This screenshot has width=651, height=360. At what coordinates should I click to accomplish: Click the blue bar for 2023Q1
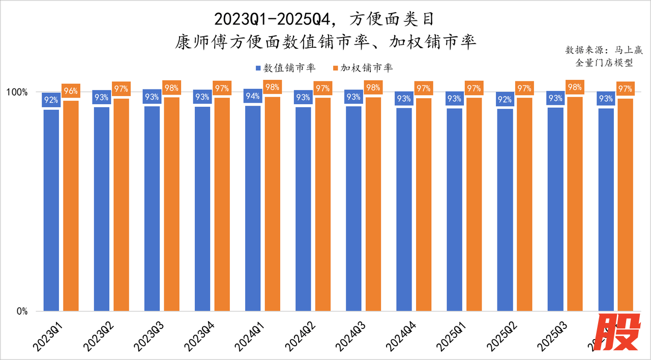click(51, 209)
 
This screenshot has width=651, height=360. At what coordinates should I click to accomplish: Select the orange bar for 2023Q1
click(71, 205)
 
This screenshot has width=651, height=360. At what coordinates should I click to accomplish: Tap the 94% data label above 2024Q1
click(253, 96)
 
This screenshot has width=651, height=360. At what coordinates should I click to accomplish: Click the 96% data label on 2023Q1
click(71, 92)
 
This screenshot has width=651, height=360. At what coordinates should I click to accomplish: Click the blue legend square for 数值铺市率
click(258, 68)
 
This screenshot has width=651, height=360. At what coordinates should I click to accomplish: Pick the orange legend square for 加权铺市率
click(335, 68)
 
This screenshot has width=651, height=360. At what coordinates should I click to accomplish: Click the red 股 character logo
click(617, 334)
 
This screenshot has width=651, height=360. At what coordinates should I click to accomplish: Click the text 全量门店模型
click(604, 63)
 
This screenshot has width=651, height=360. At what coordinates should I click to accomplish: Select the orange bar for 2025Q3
click(575, 203)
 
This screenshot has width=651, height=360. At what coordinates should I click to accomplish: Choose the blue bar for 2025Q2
click(505, 209)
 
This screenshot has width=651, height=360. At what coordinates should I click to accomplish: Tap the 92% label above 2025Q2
click(505, 99)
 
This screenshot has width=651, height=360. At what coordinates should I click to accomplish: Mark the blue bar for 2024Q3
click(353, 208)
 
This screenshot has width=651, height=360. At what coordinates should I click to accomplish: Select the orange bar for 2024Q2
click(323, 204)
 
